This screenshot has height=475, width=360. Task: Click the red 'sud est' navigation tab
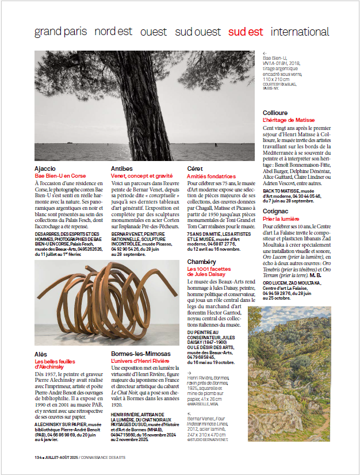[x=246, y=32]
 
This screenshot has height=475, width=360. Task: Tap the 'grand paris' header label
[x=60, y=32]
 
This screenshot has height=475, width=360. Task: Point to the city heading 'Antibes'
[x=122, y=168]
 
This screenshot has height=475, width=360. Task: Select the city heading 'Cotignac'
[x=275, y=212]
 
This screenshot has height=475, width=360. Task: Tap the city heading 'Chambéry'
[x=201, y=262]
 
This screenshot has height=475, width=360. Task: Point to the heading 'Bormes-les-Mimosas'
[x=141, y=353]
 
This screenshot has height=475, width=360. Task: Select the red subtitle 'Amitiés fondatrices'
[x=212, y=176]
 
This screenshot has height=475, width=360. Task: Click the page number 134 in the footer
[x=39, y=457]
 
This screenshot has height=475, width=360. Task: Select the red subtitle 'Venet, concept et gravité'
[x=143, y=176]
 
